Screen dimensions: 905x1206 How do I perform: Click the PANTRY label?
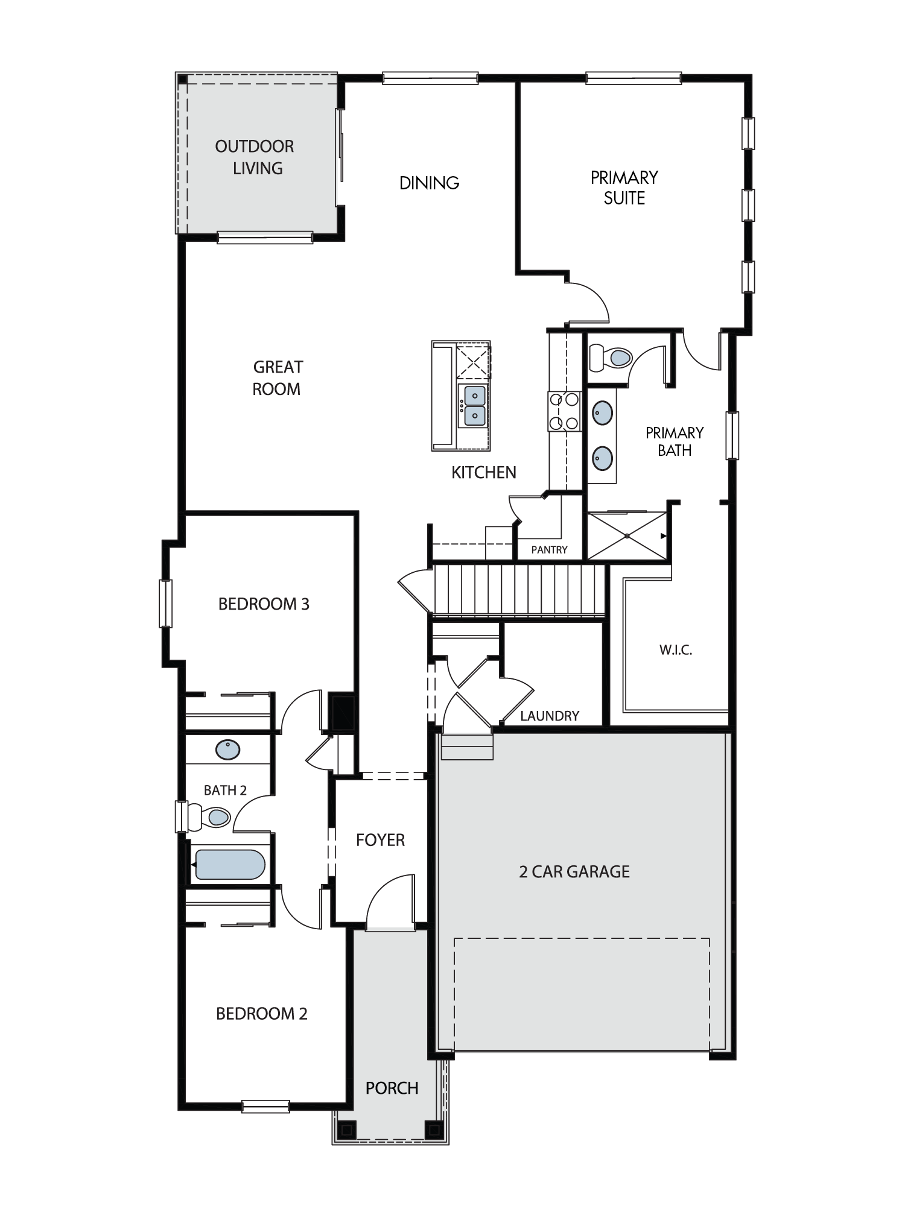(x=549, y=549)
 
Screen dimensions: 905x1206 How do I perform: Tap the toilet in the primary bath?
(x=610, y=358)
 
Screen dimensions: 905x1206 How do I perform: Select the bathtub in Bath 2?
(x=229, y=865)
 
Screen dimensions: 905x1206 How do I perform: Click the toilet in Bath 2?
(x=209, y=817)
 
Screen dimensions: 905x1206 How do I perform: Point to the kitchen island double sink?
(x=474, y=406)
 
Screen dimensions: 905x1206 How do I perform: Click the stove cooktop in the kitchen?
(x=564, y=411)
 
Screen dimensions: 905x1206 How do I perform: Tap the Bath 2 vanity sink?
(x=227, y=750)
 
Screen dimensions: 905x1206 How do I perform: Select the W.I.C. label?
(x=675, y=650)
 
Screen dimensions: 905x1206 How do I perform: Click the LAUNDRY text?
(x=550, y=716)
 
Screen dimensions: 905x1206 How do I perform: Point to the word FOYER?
(x=380, y=840)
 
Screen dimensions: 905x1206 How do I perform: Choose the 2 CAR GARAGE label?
(x=574, y=871)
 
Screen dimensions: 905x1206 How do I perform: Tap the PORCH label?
(x=392, y=1088)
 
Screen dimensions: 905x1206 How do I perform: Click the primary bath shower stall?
(x=627, y=535)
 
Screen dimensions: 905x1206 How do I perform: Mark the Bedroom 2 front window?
(x=265, y=1107)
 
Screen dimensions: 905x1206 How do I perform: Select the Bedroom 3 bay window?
(x=165, y=603)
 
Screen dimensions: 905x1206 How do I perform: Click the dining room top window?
(x=430, y=78)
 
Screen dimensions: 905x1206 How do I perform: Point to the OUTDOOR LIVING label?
(x=255, y=157)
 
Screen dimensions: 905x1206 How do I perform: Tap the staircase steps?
(x=519, y=589)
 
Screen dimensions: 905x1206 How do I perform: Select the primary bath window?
(x=732, y=435)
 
